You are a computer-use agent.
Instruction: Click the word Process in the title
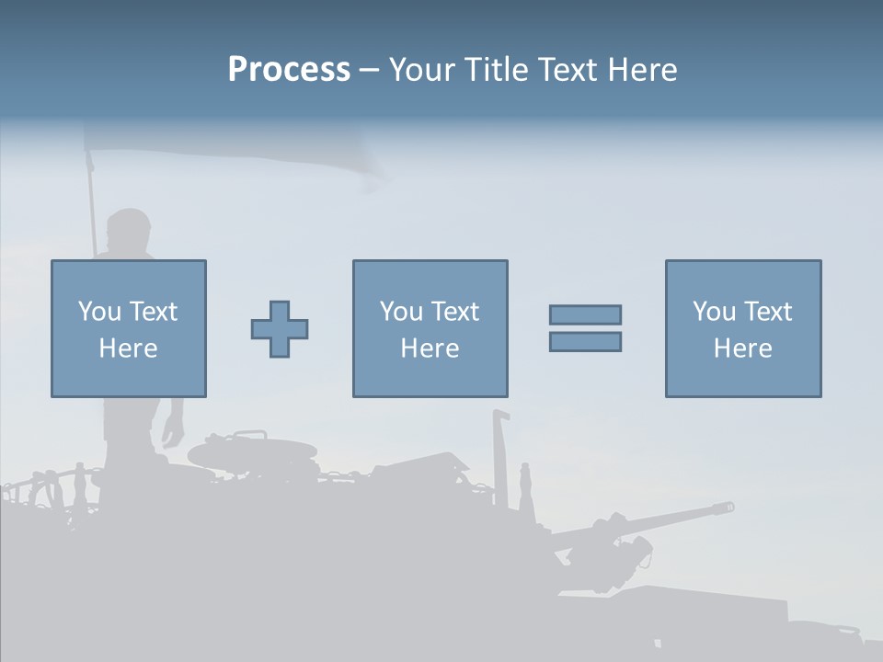(289, 70)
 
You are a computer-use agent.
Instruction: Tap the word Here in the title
(643, 70)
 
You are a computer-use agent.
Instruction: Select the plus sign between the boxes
(280, 329)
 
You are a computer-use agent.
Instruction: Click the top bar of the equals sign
(585, 314)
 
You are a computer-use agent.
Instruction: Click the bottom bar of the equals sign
(585, 342)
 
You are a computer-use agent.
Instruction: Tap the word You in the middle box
(401, 312)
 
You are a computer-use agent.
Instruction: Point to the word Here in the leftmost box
(129, 348)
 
